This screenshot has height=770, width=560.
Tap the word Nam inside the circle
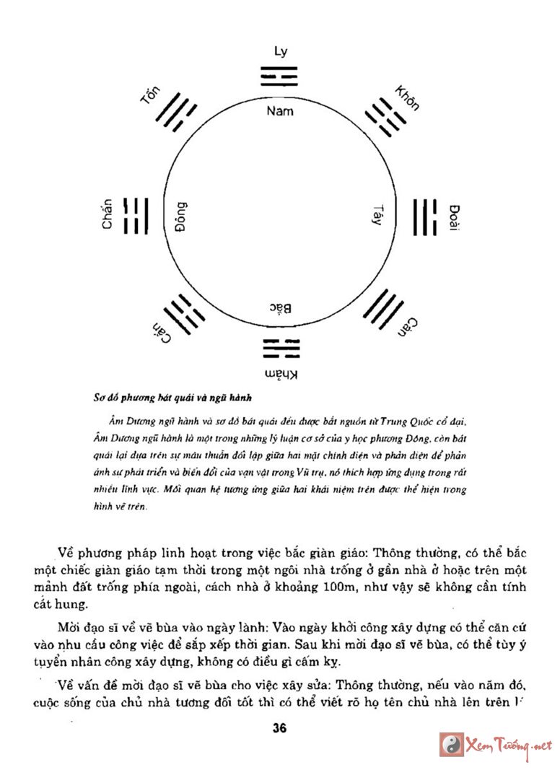point(280,111)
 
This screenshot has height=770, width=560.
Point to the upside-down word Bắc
point(281,308)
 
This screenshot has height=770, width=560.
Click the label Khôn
point(407,97)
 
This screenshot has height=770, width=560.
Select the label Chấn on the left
point(108,214)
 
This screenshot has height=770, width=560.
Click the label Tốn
point(150,97)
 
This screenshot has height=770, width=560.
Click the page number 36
point(280,728)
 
